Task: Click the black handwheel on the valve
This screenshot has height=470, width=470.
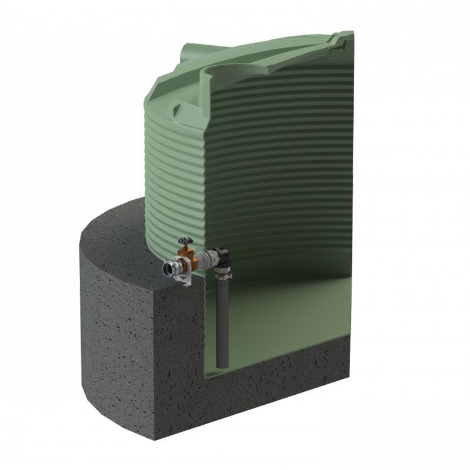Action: click(x=184, y=241)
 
